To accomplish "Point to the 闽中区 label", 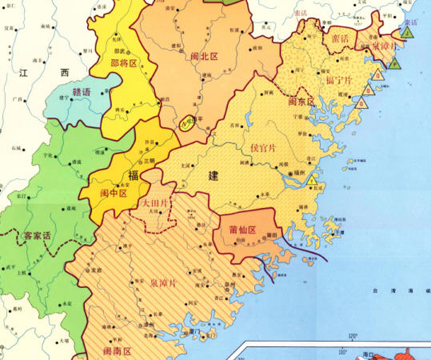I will (x=113, y=193).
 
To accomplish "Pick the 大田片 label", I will (x=157, y=203).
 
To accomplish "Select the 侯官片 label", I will (x=263, y=149).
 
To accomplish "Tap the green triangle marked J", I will (x=407, y=32).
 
